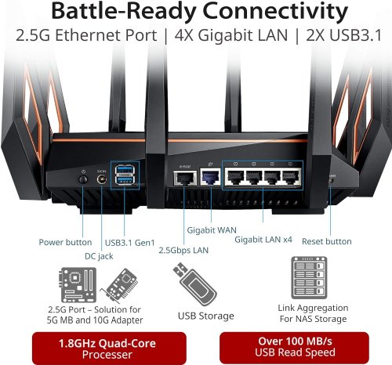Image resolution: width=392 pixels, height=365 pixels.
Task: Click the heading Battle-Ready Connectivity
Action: (x=196, y=14)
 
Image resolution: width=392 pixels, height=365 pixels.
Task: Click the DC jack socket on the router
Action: (x=100, y=179)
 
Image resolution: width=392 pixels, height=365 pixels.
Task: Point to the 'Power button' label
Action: (x=64, y=241)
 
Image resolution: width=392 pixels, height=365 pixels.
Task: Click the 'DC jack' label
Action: (x=100, y=255)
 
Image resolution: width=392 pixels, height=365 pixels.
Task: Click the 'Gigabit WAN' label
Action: (x=212, y=230)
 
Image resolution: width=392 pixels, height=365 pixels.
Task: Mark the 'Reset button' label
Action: (x=327, y=241)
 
